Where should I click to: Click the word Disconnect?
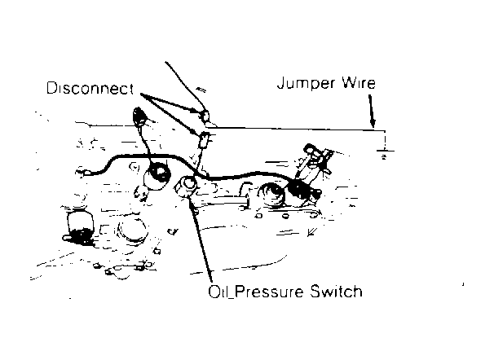tap(90, 89)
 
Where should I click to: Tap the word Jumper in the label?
tap(306, 83)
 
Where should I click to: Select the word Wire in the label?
tap(359, 83)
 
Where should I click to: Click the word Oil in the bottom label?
tap(218, 292)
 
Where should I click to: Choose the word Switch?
tap(336, 291)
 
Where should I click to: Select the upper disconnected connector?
tap(205, 116)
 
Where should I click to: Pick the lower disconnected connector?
tap(204, 140)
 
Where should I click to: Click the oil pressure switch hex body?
tap(186, 187)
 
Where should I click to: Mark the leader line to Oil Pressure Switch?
tap(201, 239)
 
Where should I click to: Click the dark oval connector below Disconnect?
tap(139, 116)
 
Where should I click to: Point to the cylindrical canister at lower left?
tap(81, 226)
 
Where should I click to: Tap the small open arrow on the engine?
tap(312, 232)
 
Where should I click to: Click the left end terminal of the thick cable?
tap(83, 173)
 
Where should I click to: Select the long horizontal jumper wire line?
tap(296, 129)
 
